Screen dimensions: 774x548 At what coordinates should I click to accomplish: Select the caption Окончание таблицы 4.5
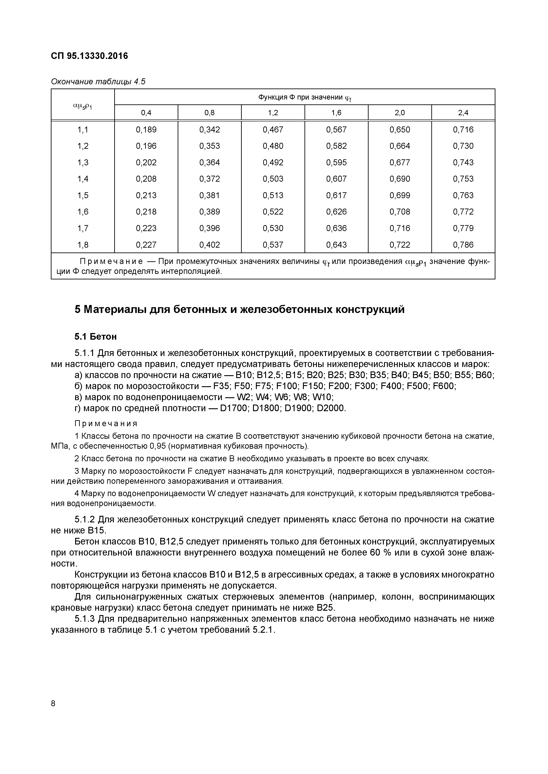coord(98,82)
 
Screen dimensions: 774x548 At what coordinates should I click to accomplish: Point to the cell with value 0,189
coord(146,130)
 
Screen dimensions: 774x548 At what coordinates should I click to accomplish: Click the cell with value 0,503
coord(273,179)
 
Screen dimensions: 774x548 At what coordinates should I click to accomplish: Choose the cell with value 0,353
coord(209,146)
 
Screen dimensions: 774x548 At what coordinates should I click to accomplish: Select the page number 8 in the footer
coord(53,704)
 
